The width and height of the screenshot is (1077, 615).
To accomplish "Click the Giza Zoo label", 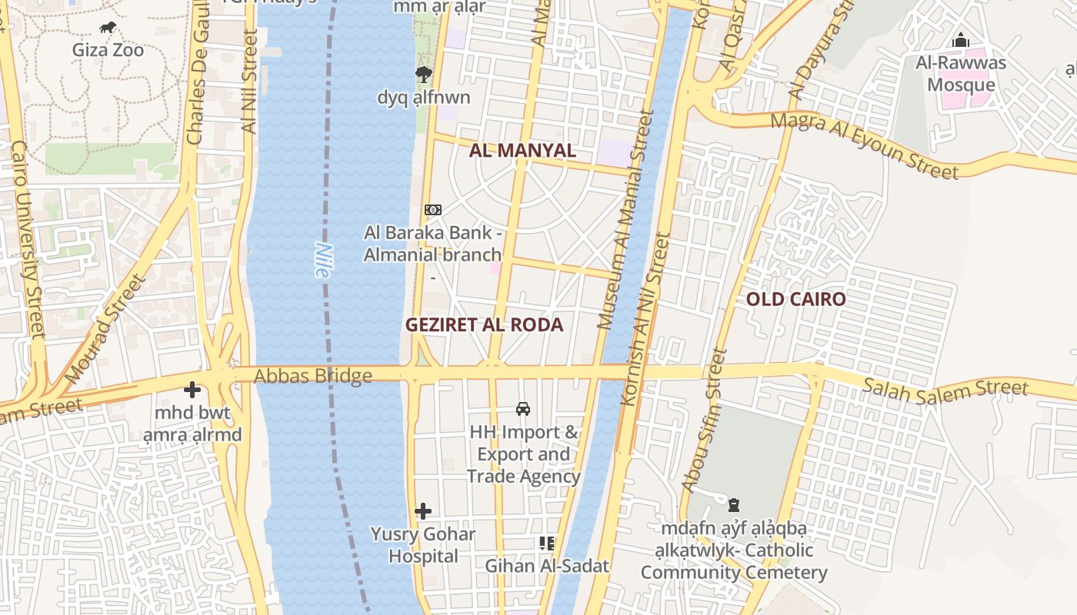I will point(108,51).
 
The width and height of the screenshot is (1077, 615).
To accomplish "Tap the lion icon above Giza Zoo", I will point(108,28).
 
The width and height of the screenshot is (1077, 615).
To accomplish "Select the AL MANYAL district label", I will point(522,151).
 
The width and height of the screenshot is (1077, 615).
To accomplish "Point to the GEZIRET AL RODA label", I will point(484,324).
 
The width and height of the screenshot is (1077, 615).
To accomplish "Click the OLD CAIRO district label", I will point(795,299).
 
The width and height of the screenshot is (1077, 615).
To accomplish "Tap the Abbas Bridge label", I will point(313,376).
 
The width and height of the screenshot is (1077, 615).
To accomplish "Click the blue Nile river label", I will point(323,260).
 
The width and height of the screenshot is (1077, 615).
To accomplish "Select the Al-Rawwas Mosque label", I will point(960,74).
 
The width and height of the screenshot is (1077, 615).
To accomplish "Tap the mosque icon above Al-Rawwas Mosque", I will point(960,41).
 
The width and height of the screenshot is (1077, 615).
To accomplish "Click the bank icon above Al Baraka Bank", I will point(433,209).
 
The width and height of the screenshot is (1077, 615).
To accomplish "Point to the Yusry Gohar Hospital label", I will point(422,544).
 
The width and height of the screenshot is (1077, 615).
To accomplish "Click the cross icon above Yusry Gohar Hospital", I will point(422,510).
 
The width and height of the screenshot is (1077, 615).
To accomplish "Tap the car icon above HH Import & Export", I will point(523,409).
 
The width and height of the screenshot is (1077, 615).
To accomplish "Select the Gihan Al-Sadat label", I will point(546,566).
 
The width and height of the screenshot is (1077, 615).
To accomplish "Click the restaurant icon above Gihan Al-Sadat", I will point(547,544).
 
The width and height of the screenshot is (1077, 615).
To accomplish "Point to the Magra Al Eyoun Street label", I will point(864,145).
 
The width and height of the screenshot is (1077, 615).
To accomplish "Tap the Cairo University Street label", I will point(25,238).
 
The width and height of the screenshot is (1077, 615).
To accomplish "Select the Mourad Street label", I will point(105,331).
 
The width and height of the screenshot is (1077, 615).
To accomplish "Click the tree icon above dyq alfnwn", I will point(423,75).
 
